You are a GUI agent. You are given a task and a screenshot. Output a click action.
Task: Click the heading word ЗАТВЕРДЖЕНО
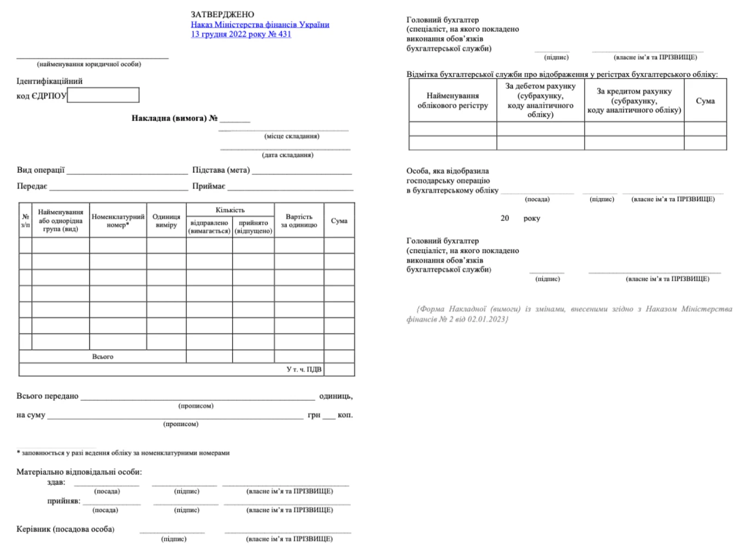click(222, 14)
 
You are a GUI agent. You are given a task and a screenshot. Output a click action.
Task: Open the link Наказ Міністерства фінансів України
click(260, 24)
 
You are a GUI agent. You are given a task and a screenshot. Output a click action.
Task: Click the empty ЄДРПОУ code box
click(103, 95)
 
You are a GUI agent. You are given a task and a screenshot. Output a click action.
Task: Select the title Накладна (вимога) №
click(174, 118)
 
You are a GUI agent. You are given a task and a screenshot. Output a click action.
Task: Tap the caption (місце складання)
click(291, 136)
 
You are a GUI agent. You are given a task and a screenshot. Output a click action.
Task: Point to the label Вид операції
click(41, 170)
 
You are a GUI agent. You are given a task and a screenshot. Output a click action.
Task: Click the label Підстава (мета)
click(221, 170)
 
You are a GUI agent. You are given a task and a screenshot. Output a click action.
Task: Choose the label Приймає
click(208, 186)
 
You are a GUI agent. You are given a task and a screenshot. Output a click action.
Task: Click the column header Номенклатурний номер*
click(118, 220)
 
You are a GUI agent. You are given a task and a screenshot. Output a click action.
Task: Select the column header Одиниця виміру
click(166, 220)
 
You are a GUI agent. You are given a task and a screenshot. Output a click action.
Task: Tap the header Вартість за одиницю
click(299, 220)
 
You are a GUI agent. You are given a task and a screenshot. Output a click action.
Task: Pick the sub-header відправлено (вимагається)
click(209, 227)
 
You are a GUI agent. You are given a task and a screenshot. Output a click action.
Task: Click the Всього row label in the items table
click(103, 356)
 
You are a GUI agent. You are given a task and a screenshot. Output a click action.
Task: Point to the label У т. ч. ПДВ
click(304, 370)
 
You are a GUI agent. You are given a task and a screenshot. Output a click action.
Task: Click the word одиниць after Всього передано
click(336, 396)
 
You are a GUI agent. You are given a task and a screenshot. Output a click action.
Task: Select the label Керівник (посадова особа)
click(65, 529)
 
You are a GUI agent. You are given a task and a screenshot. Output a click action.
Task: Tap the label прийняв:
click(64, 501)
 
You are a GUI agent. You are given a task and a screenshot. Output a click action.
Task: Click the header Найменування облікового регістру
click(452, 100)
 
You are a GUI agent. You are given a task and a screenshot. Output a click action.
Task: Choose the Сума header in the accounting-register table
click(705, 100)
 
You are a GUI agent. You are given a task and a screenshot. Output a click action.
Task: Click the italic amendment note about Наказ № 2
click(569, 314)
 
